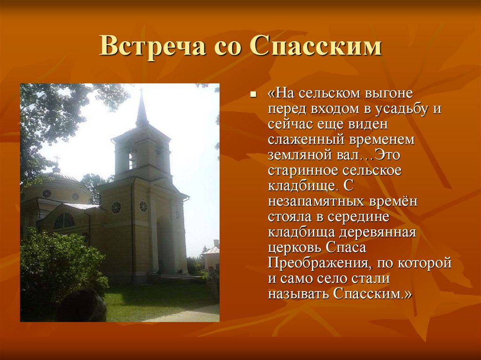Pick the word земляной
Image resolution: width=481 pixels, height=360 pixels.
(298, 155)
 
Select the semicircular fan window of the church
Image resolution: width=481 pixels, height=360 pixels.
(64, 221)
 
